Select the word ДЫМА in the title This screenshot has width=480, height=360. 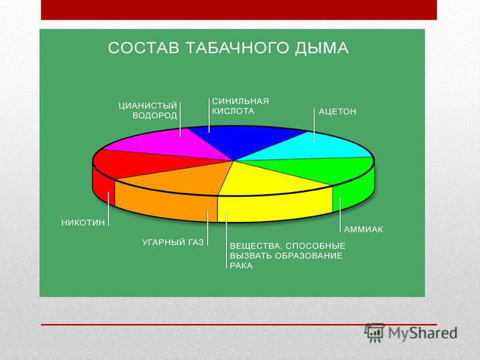tap(322, 49)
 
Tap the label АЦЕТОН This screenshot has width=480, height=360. tap(337, 111)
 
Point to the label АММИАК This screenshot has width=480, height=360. tap(364, 229)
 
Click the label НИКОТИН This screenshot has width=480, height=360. tap(83, 223)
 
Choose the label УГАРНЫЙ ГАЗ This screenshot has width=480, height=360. tap(173, 243)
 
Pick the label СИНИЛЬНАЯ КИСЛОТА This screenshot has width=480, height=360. tap(241, 106)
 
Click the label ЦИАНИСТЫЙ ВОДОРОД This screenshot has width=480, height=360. tap(148, 110)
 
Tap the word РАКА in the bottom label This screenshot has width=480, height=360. tap(241, 265)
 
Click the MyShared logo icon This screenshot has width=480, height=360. tap(374, 332)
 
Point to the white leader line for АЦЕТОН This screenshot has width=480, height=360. tap(314, 125)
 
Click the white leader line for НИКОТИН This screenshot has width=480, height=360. tap(109, 209)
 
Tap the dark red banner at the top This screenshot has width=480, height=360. tap(239, 10)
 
